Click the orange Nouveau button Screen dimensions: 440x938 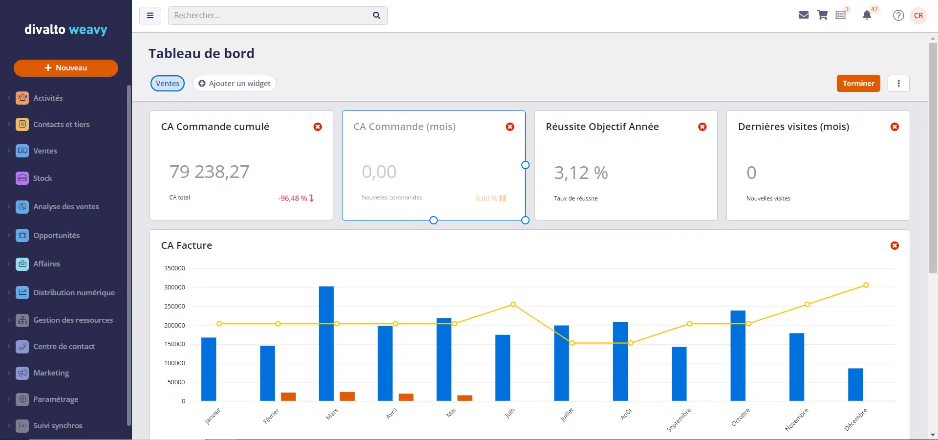pos(66,68)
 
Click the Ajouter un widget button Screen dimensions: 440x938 pos(234,84)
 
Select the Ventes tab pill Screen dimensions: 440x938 pos(168,84)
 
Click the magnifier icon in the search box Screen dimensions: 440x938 pos(376,16)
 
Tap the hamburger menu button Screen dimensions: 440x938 pos(150,16)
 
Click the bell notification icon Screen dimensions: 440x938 pos(867,16)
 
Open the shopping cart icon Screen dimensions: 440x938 pos(822,16)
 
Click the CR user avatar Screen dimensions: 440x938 pos(918,16)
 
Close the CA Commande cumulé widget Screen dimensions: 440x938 pos(318,127)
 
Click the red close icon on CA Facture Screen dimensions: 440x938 pos(895,245)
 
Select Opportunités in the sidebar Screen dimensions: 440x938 pos(56,236)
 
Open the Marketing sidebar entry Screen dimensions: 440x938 pos(51,373)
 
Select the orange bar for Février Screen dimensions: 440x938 pos(288,396)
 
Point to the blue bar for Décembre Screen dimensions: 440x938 pos(855,385)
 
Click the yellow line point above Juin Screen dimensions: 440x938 pos(513,305)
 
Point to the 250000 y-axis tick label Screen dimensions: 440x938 pos(174,307)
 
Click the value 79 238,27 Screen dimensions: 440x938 pos(209,172)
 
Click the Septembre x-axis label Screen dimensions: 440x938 pos(679,420)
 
